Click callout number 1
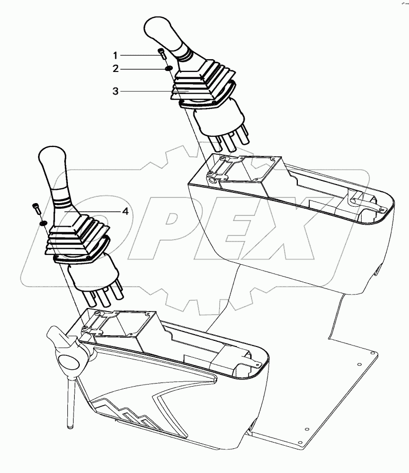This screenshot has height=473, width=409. coord(116,54)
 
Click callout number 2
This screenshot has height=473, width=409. coord(116,68)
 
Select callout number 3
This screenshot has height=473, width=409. coord(116,91)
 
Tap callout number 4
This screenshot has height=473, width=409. coord(125,211)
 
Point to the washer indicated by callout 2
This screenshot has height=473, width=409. coord(168,67)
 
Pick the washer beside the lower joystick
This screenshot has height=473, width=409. coord(43,222)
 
